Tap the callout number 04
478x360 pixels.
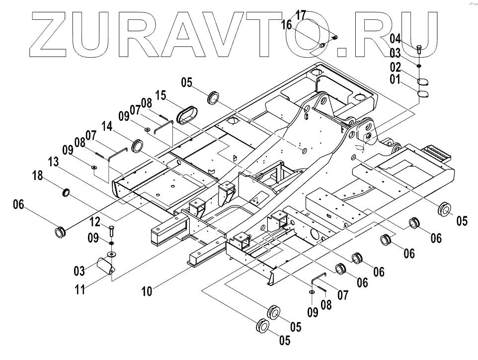(395, 38)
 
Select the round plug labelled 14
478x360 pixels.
(137, 146)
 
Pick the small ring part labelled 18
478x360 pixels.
(66, 192)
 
